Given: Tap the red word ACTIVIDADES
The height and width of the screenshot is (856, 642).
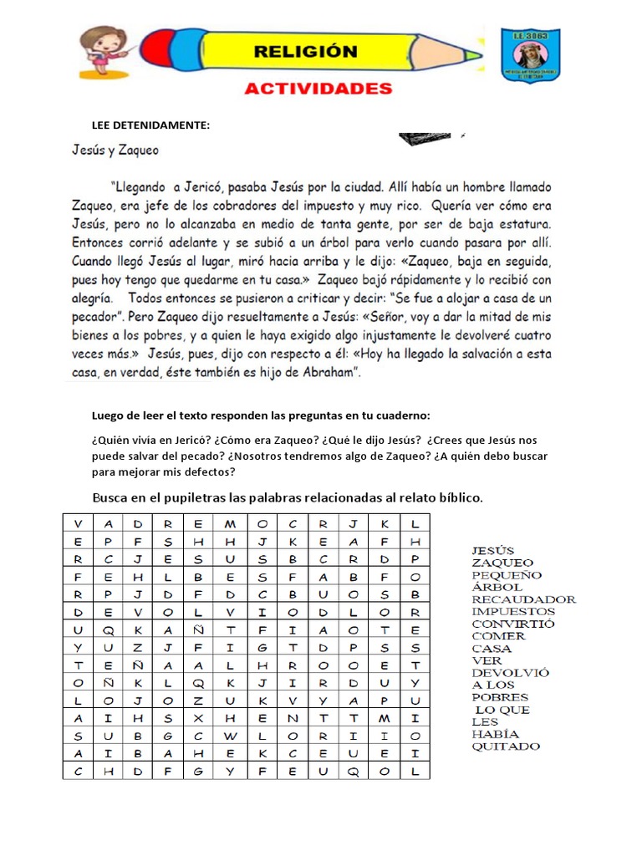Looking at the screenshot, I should point(318,89).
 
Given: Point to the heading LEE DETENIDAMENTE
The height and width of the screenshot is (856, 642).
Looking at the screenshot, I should point(150,125).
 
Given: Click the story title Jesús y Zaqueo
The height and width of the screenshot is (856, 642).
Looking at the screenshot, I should point(114,151).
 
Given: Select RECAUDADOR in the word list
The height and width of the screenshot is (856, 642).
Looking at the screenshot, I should point(523,599).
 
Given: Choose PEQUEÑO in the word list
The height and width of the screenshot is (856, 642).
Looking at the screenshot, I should point(507,575).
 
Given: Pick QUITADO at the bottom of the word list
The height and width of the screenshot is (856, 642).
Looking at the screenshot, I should point(506,746).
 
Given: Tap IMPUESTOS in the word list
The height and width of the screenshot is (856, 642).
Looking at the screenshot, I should point(513,611).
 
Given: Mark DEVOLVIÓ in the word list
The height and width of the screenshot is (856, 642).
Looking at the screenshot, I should point(510,673).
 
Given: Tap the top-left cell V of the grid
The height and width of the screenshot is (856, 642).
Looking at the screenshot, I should point(78,522).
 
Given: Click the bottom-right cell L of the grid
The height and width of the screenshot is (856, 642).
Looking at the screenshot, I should point(415,772).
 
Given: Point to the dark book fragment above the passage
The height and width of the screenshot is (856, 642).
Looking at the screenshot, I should point(426,140).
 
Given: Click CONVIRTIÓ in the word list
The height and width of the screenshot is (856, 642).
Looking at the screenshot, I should point(512,624).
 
